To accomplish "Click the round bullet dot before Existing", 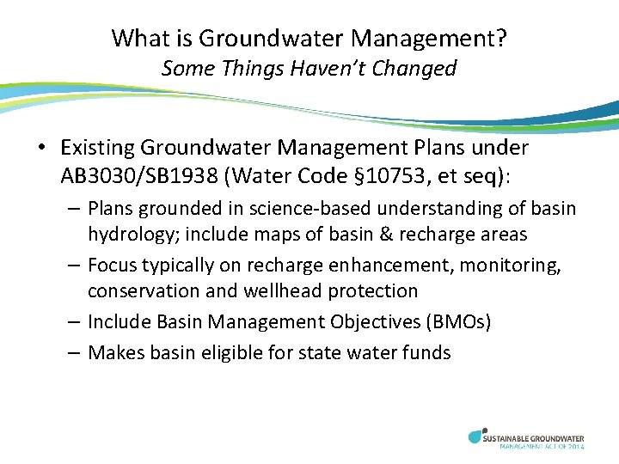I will [42, 149].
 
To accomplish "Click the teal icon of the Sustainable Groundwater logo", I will [476, 437].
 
